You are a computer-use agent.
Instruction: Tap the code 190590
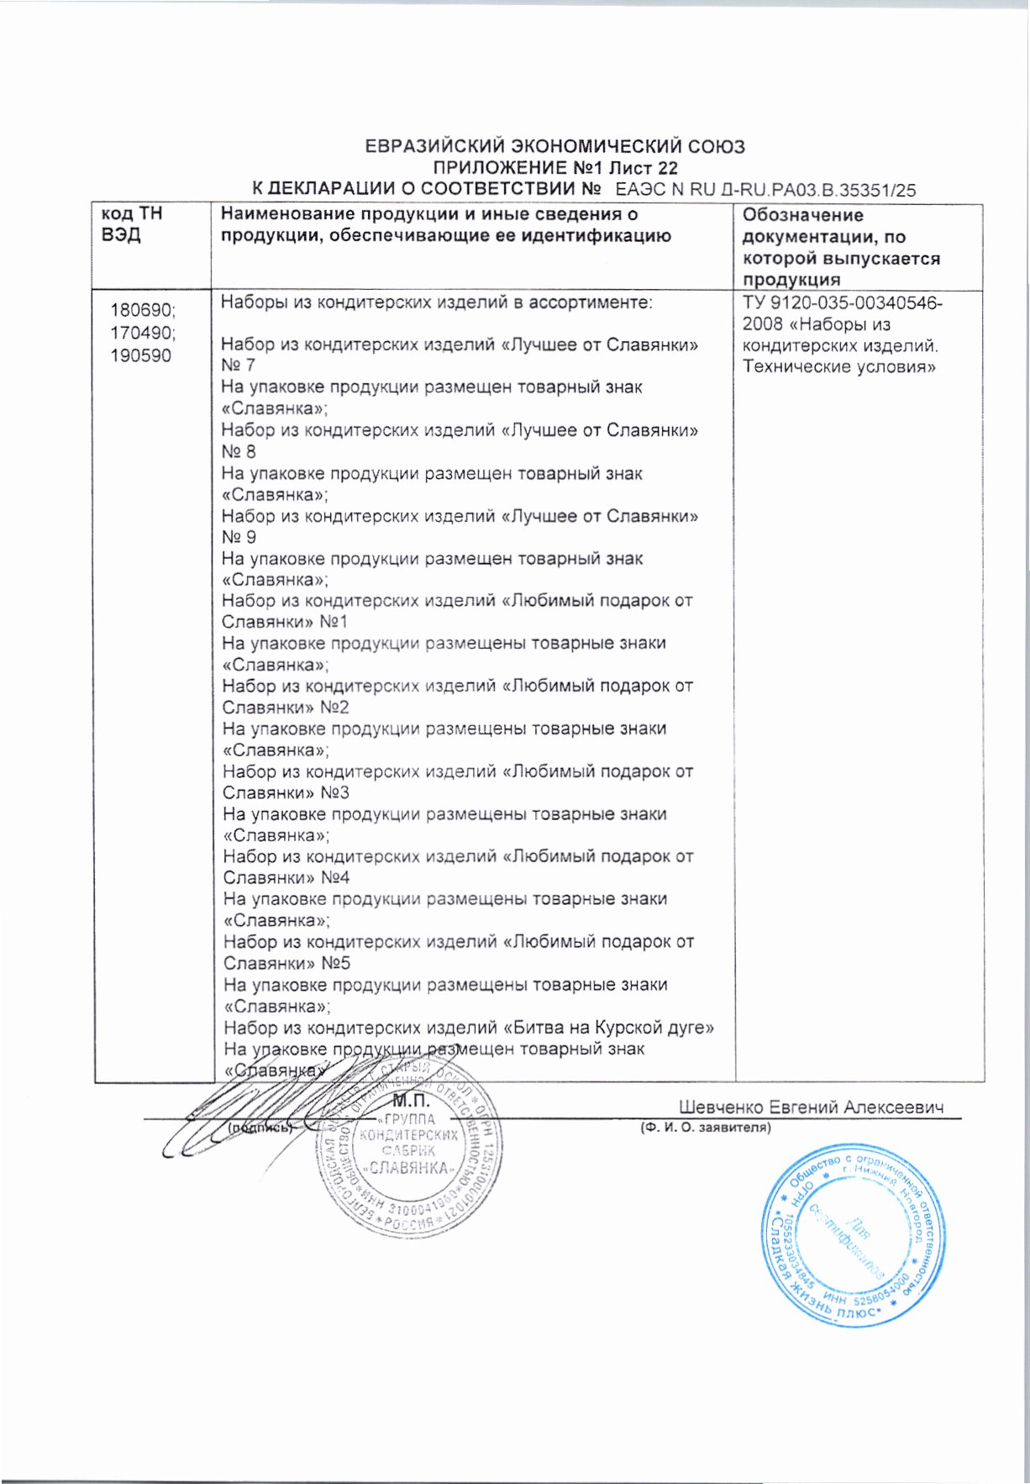(x=140, y=355)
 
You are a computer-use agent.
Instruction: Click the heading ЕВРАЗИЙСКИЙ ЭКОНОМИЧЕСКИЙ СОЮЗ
(x=554, y=147)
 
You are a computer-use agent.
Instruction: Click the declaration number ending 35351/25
(x=765, y=190)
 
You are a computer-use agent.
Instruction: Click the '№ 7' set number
(x=238, y=366)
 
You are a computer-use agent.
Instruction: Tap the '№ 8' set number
(x=238, y=451)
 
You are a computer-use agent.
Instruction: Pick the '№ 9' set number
(x=239, y=537)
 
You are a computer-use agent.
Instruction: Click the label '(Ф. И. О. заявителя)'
(x=705, y=1128)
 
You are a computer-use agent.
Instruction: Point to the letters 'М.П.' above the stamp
(x=411, y=1100)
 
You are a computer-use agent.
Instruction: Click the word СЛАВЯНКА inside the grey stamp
(x=409, y=1169)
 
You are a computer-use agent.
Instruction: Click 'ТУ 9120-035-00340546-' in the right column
(x=842, y=303)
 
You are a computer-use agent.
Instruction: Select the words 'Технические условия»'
(x=839, y=367)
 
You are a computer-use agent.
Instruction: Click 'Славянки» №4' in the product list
(x=286, y=878)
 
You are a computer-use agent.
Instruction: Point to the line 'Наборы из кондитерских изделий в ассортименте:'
(x=436, y=303)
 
